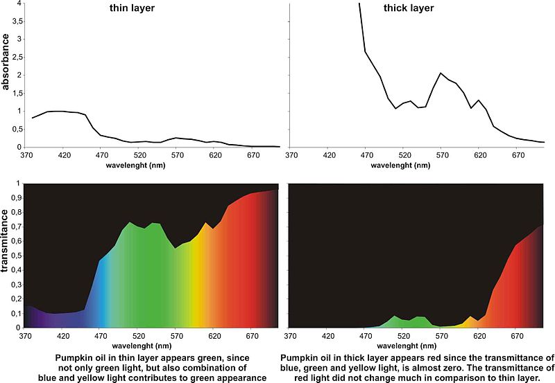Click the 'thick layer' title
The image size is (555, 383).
[409, 8]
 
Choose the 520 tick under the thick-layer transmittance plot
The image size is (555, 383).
[404, 337]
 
